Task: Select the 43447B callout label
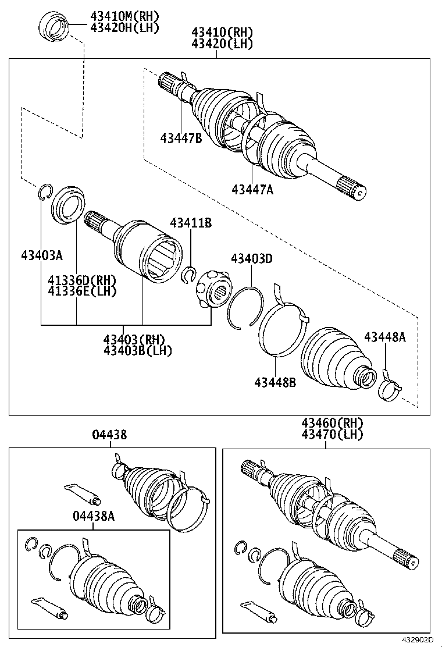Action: tap(181, 138)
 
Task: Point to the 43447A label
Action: tap(252, 190)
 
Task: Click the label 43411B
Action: tap(191, 223)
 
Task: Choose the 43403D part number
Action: tap(251, 259)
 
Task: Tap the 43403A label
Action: tap(42, 256)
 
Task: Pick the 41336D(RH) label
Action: tap(82, 280)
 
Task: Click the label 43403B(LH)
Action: tap(137, 351)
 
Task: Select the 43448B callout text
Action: tap(275, 382)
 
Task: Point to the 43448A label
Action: tap(384, 337)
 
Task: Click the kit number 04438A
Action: tap(94, 516)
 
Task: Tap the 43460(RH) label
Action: tap(332, 422)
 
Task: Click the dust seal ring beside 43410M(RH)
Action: tap(55, 26)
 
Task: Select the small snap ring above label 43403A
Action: tap(45, 192)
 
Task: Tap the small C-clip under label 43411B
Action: tap(190, 275)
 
